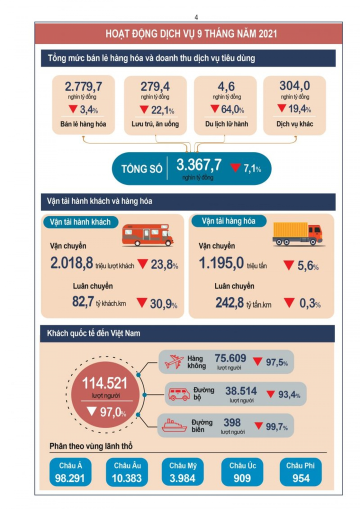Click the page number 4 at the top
pos(196,17)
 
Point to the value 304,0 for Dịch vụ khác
pos(294,86)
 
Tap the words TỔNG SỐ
pos(141,169)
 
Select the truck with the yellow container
pos(297,233)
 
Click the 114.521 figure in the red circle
pos(104,384)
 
